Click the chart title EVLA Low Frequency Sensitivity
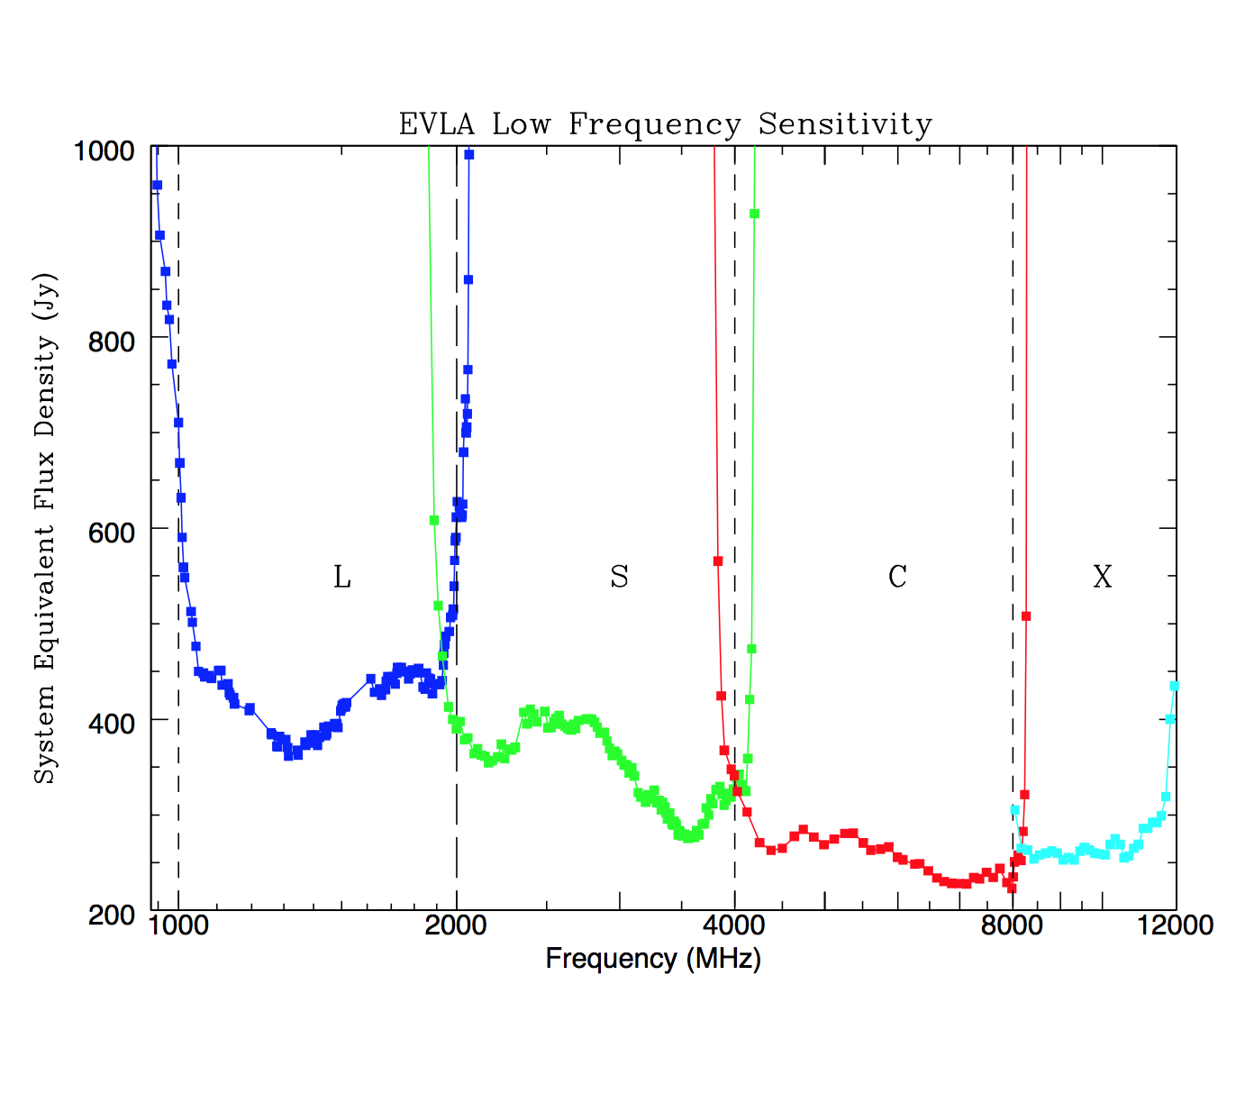click(665, 123)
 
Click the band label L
click(342, 577)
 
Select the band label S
click(619, 577)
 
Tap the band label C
click(897, 577)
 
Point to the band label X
click(1103, 577)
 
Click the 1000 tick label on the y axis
click(104, 150)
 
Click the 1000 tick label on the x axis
click(178, 926)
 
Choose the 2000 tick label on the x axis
click(457, 926)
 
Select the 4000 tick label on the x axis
click(735, 926)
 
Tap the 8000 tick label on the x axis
click(1013, 926)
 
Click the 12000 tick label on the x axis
click(1176, 926)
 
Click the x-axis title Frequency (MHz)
click(653, 959)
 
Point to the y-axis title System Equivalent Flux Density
click(44, 528)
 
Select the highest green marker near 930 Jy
click(755, 214)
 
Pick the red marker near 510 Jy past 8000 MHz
click(1026, 616)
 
